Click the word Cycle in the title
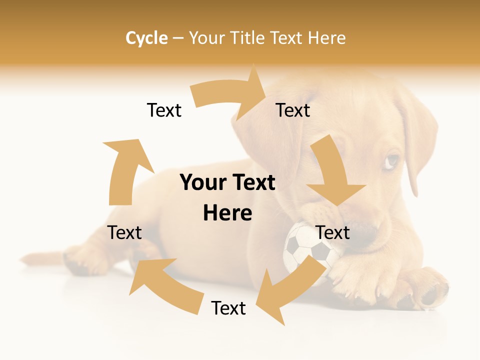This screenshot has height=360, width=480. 146,38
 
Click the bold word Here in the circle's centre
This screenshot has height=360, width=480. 227,213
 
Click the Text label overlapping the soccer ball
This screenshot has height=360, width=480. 333,232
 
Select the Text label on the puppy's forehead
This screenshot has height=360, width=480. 293,110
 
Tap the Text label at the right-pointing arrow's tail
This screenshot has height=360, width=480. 164,110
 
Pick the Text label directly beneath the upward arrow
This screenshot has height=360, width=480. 124,232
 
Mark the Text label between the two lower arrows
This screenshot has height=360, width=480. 228,308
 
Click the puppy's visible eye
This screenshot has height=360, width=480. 392,161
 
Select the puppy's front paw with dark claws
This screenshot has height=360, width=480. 425,290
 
